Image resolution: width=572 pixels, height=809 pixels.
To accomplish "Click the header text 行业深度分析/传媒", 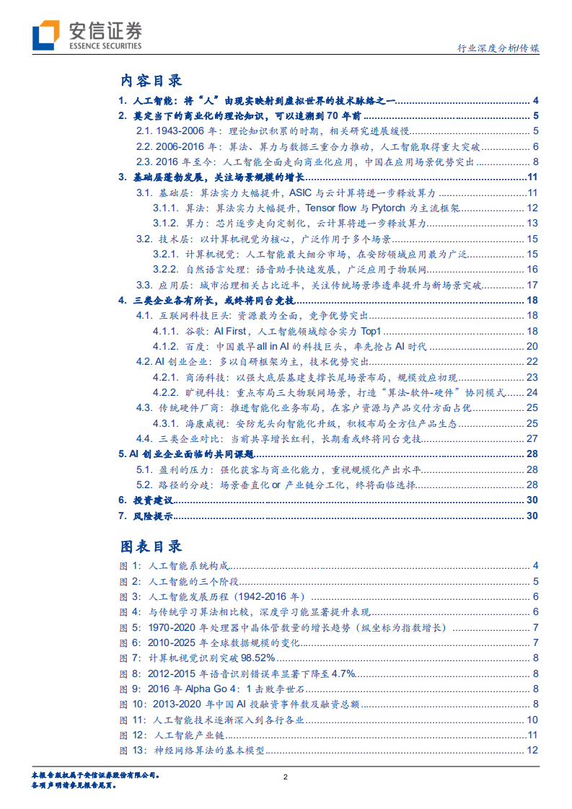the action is pyautogui.click(x=499, y=50).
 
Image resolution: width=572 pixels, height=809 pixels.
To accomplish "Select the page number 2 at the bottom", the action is pyautogui.click(x=286, y=777).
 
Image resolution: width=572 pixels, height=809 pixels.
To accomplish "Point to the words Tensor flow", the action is pyautogui.click(x=333, y=208).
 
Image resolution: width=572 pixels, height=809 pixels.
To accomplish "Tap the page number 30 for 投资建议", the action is pyautogui.click(x=532, y=500).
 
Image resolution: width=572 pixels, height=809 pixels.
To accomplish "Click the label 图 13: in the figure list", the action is pyautogui.click(x=133, y=751).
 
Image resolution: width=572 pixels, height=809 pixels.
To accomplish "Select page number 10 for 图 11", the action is pyautogui.click(x=532, y=720).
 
